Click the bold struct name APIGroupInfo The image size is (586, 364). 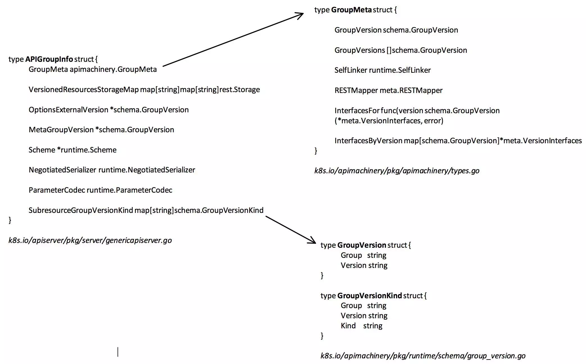click(x=49, y=59)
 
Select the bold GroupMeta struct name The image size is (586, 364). click(x=351, y=10)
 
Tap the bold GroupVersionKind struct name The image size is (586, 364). click(x=369, y=296)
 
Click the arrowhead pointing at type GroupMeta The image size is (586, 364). click(x=301, y=14)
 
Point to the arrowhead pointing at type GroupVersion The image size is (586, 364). click(x=313, y=241)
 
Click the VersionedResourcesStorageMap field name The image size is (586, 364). click(x=84, y=90)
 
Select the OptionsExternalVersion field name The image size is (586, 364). click(x=68, y=110)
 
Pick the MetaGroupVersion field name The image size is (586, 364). click(x=61, y=130)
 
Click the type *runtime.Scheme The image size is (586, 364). click(x=87, y=150)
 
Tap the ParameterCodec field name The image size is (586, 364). click(x=57, y=190)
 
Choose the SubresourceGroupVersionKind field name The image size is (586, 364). click(x=81, y=210)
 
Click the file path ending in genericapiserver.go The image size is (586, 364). click(x=90, y=240)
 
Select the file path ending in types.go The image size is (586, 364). click(x=397, y=171)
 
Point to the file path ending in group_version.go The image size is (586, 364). click(x=423, y=356)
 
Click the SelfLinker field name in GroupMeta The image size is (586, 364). click(x=351, y=70)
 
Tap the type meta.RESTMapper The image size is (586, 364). click(x=411, y=90)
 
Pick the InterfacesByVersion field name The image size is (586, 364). click(x=368, y=141)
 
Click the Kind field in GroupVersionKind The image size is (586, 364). click(x=348, y=326)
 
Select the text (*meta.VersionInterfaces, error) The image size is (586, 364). click(x=389, y=121)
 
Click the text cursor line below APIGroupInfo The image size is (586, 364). click(x=118, y=352)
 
